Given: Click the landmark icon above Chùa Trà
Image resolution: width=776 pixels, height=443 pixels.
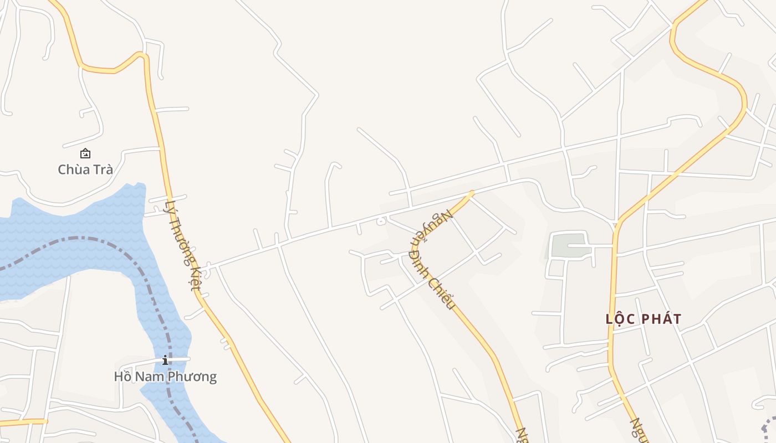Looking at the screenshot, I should tap(85, 153).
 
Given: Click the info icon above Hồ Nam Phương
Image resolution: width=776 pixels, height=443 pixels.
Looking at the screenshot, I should tap(165, 360).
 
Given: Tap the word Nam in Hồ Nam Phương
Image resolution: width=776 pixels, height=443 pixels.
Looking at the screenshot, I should tap(150, 377).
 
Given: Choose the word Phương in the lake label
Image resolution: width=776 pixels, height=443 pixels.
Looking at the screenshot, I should tap(193, 377).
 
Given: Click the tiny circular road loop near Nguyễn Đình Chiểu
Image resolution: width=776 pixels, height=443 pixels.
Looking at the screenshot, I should tap(381, 221).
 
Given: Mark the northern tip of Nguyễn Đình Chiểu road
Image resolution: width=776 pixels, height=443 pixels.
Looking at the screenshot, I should tap(472, 193).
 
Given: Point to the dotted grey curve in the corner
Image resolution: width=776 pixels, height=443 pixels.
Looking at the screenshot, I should tap(768, 426).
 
